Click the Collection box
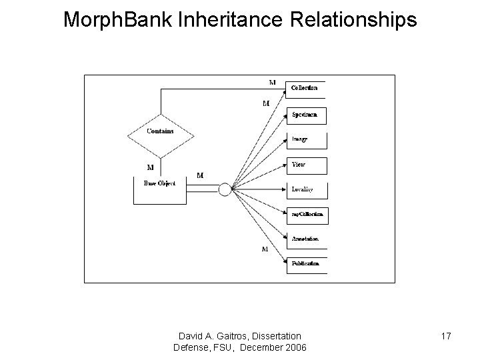(x=305, y=89)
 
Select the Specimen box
(x=306, y=115)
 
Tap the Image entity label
(x=299, y=139)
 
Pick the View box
(x=306, y=165)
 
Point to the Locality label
(x=302, y=189)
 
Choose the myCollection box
(x=307, y=215)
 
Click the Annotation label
(x=305, y=239)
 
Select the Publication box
(x=306, y=263)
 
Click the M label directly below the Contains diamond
(x=150, y=167)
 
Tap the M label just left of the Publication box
(x=265, y=249)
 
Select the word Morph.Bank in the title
(x=118, y=20)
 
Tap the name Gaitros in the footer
(x=235, y=335)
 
